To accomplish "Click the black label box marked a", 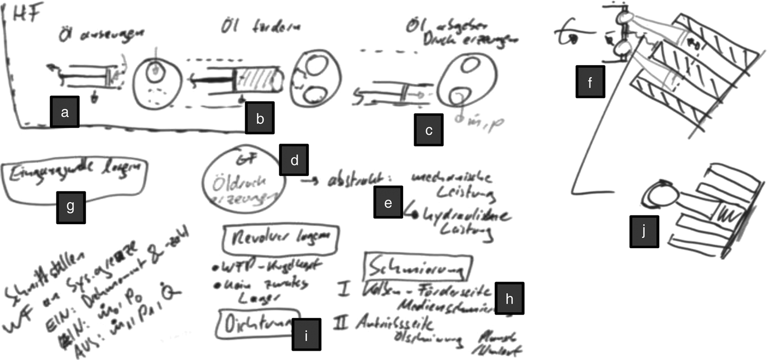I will pos(65,112).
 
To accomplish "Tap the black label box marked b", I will pos(260,118).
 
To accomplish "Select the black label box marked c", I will pos(428,130).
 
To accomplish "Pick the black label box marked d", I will pos(294,159).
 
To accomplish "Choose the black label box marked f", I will pos(590,82).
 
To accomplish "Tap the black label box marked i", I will pos(306,335).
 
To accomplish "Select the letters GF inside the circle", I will pos(243,161).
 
